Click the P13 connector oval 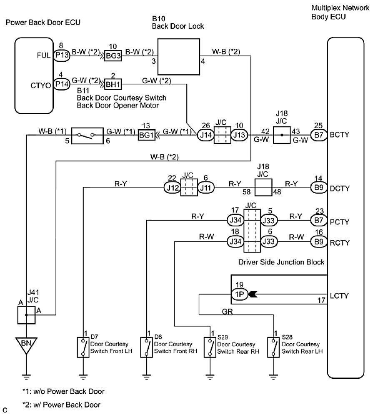(x=61, y=57)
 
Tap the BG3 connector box (x=113, y=57)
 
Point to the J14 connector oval (x=204, y=136)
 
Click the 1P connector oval (x=239, y=295)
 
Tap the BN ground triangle (x=26, y=345)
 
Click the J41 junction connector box (x=26, y=315)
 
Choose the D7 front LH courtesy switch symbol (x=83, y=346)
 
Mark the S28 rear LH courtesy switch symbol (x=274, y=346)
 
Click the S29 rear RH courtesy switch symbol (x=209, y=346)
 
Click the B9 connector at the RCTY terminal (x=319, y=241)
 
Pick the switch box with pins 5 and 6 (x=87, y=136)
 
